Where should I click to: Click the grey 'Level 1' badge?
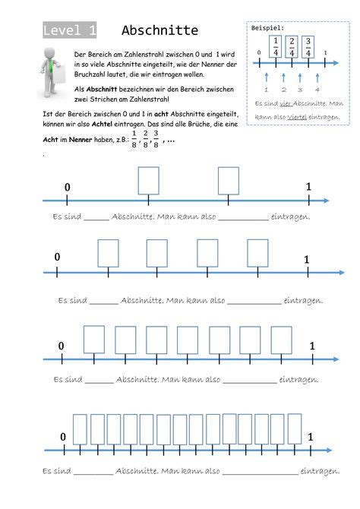[x=69, y=30]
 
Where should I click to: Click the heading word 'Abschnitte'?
[x=159, y=30]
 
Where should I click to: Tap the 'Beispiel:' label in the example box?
[x=267, y=27]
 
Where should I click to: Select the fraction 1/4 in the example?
[x=275, y=46]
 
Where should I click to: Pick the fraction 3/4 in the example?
[x=308, y=46]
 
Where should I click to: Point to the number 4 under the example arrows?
[x=317, y=89]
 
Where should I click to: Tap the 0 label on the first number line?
[x=67, y=187]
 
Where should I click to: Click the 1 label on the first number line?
[x=308, y=187]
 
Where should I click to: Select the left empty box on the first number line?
[x=148, y=181]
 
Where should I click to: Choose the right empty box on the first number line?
[x=229, y=181]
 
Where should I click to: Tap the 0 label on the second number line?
[x=57, y=258]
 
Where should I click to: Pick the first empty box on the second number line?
[x=109, y=252]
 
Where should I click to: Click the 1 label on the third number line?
[x=312, y=346]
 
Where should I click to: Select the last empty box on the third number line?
[x=281, y=340]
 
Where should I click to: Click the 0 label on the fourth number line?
[x=63, y=436]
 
